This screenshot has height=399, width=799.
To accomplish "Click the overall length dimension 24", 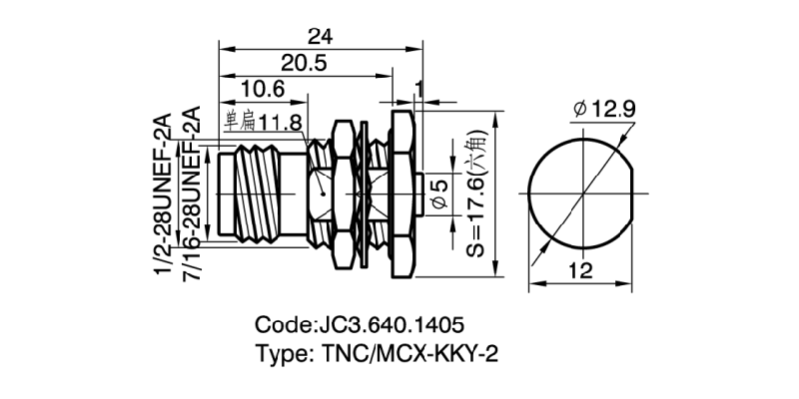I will (320, 36).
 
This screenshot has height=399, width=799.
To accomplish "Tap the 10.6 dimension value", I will (264, 91).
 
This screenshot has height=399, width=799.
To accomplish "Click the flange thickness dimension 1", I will (419, 91).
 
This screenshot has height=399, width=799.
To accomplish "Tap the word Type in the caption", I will (282, 355).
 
